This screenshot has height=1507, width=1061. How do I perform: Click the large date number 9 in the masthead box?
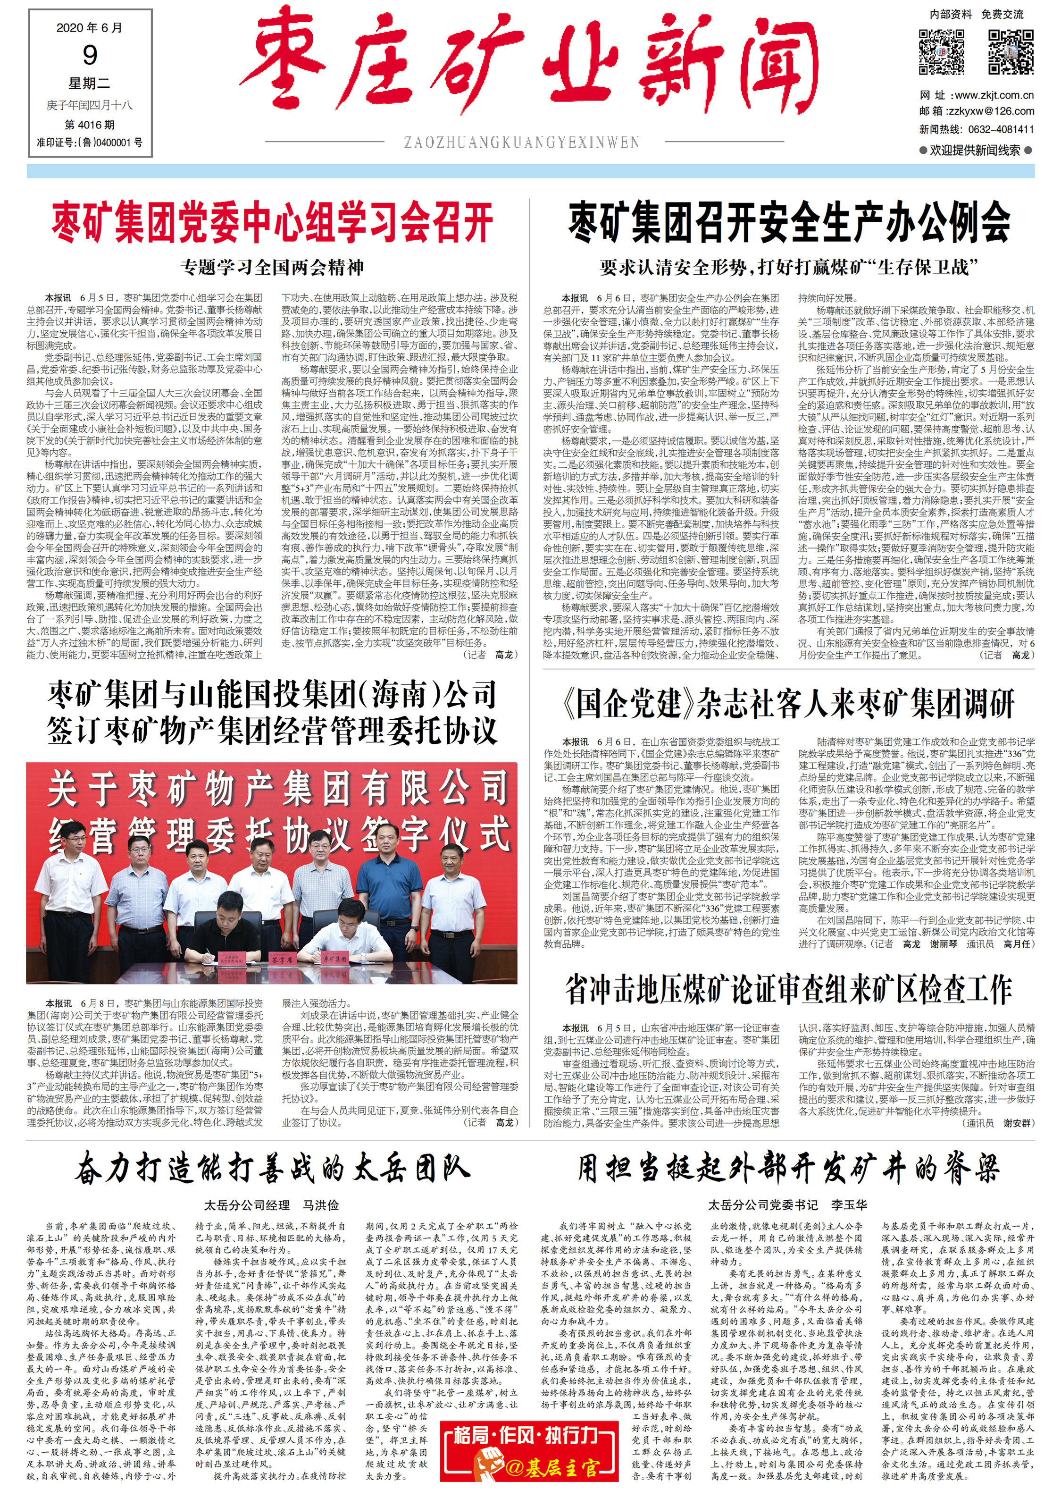90,55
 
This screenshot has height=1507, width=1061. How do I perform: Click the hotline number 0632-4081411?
1001,129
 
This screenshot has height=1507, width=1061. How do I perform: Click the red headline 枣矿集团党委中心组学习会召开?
272,223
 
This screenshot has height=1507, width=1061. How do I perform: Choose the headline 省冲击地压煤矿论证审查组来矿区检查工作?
789,990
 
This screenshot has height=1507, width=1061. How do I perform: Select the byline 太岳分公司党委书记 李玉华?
787,1205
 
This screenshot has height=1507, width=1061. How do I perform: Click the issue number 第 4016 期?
90,124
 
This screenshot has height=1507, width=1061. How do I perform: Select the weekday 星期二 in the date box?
90,84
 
